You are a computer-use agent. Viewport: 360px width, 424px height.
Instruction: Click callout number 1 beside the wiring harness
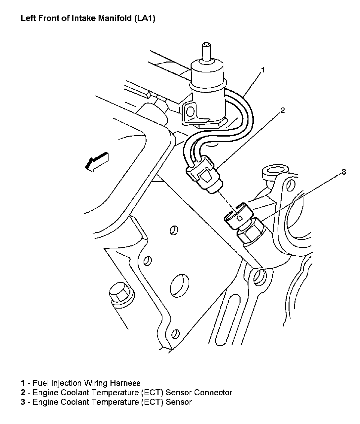[263, 70]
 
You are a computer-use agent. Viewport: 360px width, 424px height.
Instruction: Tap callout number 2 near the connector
[283, 110]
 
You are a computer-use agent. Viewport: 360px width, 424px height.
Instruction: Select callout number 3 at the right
[344, 172]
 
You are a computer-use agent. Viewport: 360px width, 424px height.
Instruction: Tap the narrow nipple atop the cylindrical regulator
[207, 51]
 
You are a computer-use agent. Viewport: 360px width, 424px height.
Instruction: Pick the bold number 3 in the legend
[23, 402]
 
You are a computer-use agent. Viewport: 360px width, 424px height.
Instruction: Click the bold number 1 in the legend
[23, 383]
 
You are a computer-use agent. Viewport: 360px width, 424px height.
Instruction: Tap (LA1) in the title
[145, 18]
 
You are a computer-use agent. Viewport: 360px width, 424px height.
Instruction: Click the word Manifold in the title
[115, 18]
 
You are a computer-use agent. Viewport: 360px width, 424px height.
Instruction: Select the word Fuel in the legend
[40, 383]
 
